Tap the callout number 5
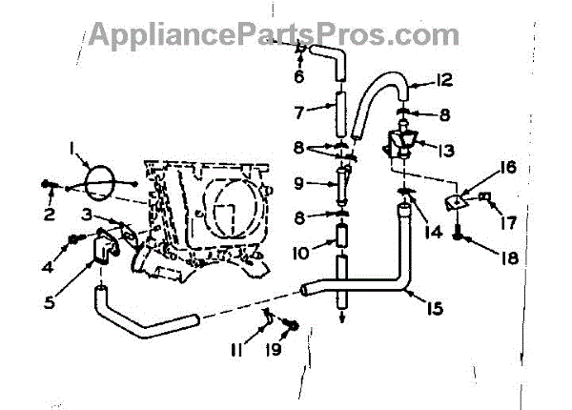pyautogui.click(x=50, y=302)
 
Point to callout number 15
pyautogui.click(x=435, y=309)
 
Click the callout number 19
pyautogui.click(x=275, y=349)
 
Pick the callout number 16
pyautogui.click(x=509, y=168)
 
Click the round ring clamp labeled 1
pyautogui.click(x=99, y=183)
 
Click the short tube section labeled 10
pyautogui.click(x=340, y=237)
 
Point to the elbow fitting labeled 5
pyautogui.click(x=106, y=245)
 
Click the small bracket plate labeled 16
pyautogui.click(x=456, y=202)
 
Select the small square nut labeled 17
pyautogui.click(x=484, y=197)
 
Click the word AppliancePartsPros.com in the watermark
pyautogui.click(x=274, y=34)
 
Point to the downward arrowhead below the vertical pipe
pyautogui.click(x=341, y=319)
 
